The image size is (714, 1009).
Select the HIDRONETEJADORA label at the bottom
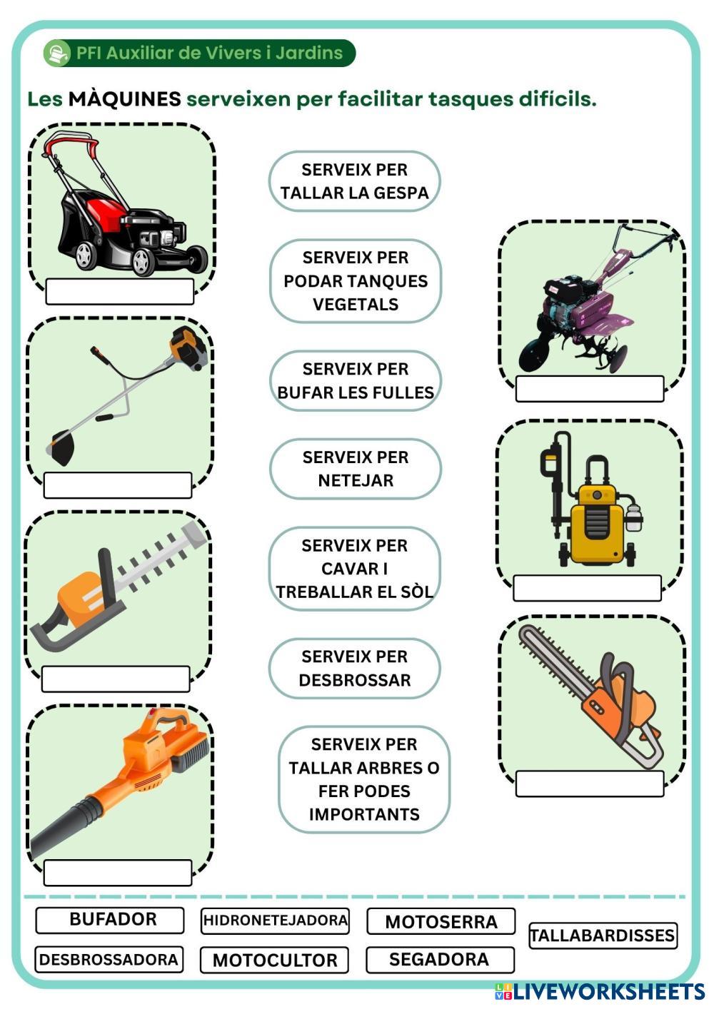coord(275,921)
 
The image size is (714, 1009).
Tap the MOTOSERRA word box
coord(441,922)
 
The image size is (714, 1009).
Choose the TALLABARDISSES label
coord(603,936)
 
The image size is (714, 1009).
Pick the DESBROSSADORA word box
coord(109,960)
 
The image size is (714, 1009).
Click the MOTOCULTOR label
coord(274,960)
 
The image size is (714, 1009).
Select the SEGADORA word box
coord(439,960)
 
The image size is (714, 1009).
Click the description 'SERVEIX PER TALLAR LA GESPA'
coord(354,181)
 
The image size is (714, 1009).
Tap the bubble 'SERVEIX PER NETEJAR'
coord(355,469)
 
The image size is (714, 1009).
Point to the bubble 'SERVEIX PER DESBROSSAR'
coord(354,668)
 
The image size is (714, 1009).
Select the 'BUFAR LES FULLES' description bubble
coord(355,381)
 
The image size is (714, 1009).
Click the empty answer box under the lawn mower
coord(119,291)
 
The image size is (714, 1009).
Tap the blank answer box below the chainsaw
coord(589,784)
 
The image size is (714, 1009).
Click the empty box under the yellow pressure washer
coord(587,588)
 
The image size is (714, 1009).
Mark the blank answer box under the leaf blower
coord(118,873)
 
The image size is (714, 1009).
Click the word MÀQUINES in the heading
coord(124,99)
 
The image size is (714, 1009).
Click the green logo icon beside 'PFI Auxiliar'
coord(56,54)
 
